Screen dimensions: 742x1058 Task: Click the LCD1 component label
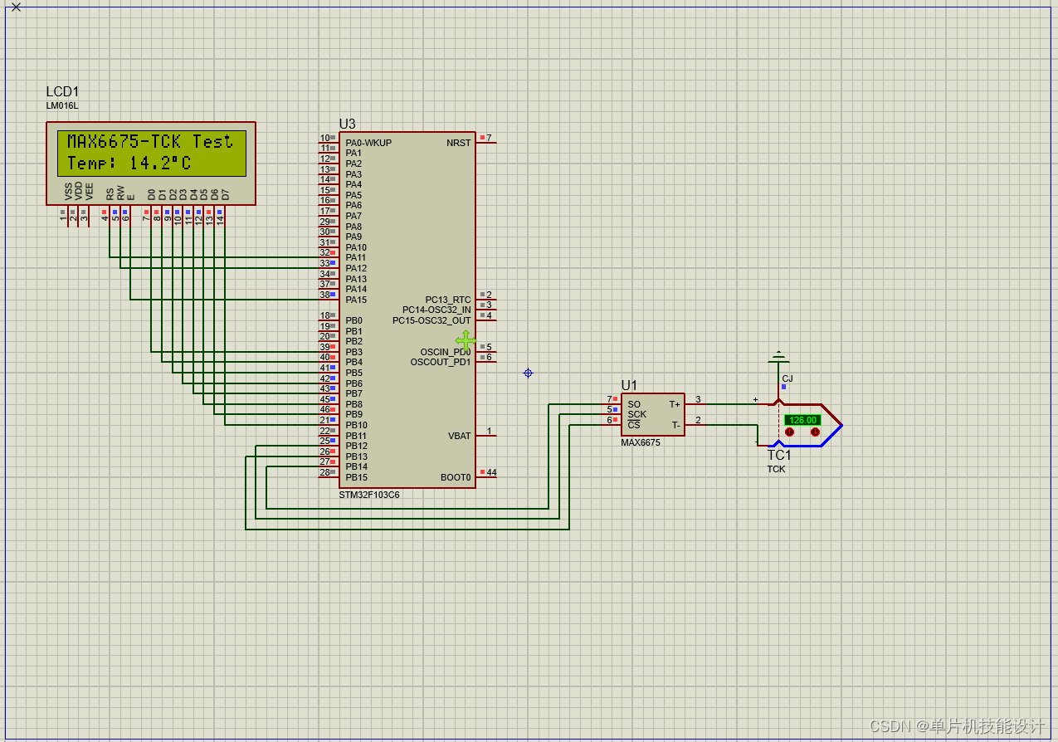pos(62,92)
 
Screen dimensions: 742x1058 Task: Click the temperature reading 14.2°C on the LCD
pos(159,163)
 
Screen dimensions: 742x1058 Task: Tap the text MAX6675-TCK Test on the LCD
pos(150,142)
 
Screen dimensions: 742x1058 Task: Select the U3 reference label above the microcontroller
pos(347,124)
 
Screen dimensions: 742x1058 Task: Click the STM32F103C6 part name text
pos(368,495)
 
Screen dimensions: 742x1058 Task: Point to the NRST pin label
pos(458,143)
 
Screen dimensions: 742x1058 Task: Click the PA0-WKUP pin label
pos(368,143)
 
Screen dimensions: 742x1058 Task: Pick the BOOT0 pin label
pos(456,477)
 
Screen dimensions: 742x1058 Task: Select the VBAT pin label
pos(459,436)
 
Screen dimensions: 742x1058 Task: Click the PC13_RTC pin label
pos(448,300)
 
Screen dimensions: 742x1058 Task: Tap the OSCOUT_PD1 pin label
pos(441,362)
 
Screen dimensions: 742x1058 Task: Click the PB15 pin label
pos(356,477)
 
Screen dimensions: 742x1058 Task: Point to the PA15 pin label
pos(356,300)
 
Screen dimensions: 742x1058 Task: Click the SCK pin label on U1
pos(636,414)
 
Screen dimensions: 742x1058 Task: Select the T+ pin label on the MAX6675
pos(675,404)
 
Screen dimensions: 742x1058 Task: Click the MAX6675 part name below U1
pos(641,442)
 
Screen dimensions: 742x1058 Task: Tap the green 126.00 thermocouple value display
pos(802,420)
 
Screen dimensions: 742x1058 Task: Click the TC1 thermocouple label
pos(779,456)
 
